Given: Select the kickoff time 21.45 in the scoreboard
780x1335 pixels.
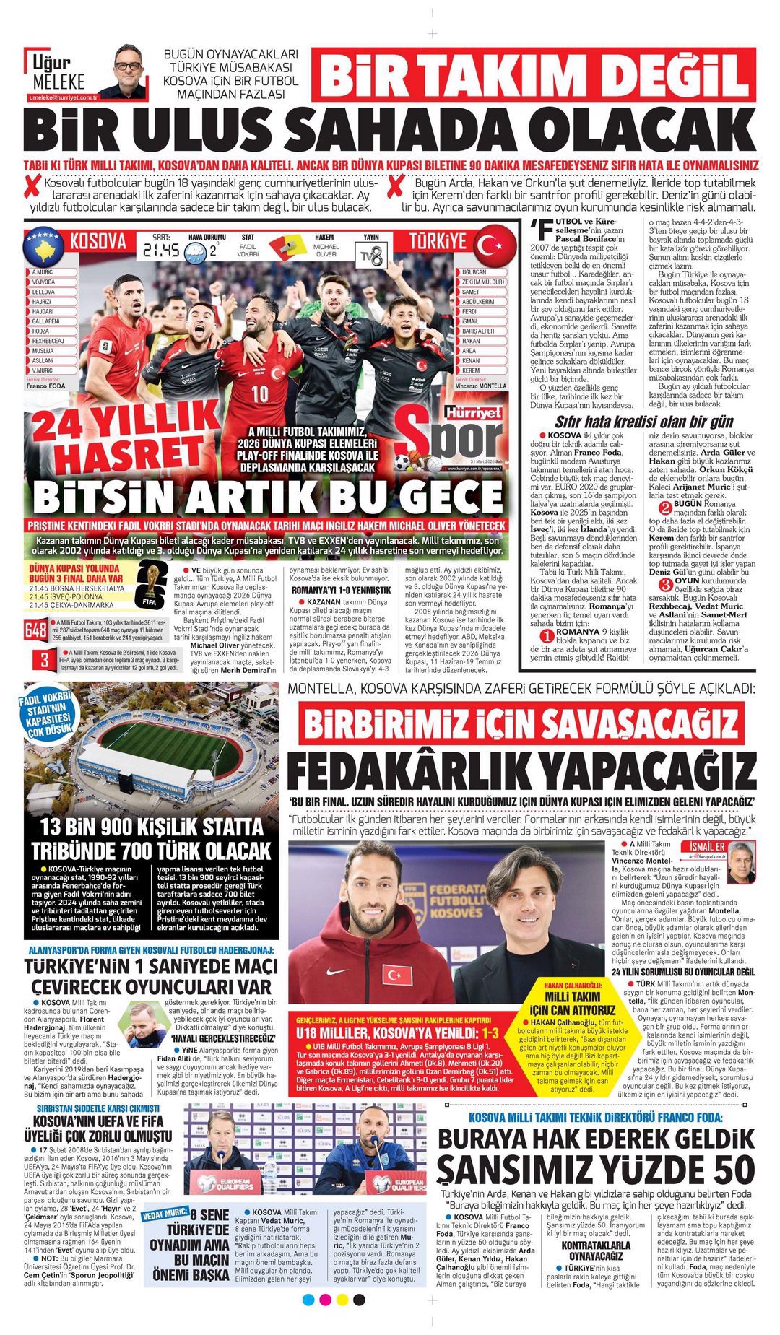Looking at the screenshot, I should click(161, 251).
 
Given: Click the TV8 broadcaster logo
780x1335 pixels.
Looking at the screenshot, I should click(371, 254).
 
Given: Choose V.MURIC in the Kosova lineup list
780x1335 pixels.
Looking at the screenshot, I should click(43, 370).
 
